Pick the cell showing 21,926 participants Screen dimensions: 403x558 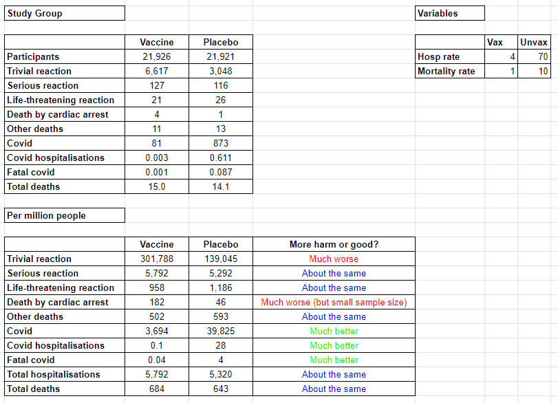157,56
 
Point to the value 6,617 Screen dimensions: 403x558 157,71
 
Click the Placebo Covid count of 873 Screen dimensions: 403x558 221,143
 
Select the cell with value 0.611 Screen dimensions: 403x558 221,157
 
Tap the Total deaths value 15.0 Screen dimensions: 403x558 157,186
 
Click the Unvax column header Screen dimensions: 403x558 534,42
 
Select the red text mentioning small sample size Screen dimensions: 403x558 334,302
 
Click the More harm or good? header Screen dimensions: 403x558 334,244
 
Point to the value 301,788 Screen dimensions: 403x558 157,259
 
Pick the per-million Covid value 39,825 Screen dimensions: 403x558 221,331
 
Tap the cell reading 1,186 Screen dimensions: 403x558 221,287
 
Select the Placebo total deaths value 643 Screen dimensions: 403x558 221,389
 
